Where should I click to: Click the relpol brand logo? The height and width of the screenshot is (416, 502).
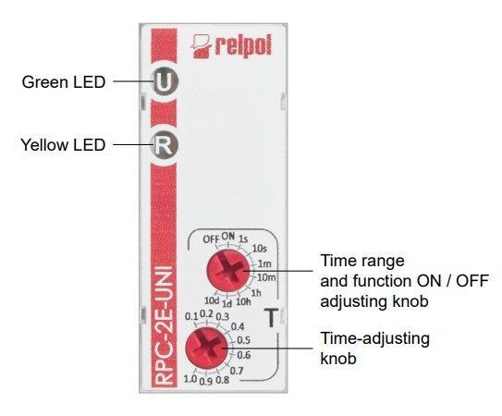[231, 46]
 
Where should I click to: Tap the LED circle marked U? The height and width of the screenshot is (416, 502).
[165, 81]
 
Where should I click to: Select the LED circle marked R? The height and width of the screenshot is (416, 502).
[165, 146]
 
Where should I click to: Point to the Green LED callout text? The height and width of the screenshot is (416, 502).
[64, 82]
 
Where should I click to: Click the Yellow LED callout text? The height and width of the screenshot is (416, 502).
[63, 145]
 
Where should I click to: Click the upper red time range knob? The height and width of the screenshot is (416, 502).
[228, 271]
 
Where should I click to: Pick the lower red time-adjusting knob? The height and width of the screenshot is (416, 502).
[207, 349]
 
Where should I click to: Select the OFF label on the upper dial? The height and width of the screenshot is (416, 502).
[211, 239]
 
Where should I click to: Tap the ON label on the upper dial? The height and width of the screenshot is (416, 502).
[228, 237]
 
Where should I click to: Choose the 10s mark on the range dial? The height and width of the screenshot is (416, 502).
[260, 248]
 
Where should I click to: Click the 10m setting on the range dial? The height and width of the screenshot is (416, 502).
[266, 277]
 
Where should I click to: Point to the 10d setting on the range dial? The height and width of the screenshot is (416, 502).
[212, 300]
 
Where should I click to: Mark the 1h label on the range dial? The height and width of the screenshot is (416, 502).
[256, 293]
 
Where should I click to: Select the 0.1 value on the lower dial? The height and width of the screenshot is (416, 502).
[191, 317]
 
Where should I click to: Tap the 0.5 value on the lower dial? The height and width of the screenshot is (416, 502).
[243, 340]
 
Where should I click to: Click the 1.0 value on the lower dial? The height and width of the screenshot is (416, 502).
[190, 379]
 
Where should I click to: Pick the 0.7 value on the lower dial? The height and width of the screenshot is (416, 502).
[237, 371]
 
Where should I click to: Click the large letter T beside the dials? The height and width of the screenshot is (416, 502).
[271, 318]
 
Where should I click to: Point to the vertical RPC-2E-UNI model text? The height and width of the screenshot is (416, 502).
[164, 325]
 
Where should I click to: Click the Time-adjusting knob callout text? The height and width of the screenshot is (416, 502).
[375, 349]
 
